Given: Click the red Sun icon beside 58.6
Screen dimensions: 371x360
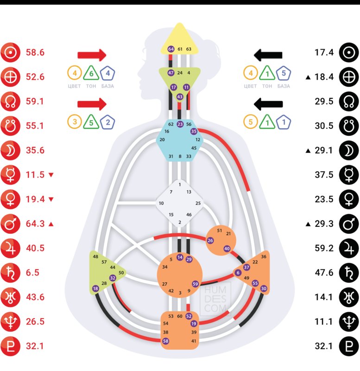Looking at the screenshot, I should (10, 53).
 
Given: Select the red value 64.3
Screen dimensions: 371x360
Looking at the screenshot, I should (35, 224).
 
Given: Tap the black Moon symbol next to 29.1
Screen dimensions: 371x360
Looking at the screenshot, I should (349, 151).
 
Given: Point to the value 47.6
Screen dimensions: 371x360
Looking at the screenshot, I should (324, 273).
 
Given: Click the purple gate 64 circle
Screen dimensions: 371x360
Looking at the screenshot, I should (171, 49).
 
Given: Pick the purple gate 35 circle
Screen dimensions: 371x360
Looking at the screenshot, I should (194, 132).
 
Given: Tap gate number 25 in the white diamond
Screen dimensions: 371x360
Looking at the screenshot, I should (198, 203).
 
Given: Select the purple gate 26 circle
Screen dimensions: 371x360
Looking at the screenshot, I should (210, 241).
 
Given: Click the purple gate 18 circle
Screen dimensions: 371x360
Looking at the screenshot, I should (95, 288).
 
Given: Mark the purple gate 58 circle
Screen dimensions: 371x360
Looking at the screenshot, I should (166, 341).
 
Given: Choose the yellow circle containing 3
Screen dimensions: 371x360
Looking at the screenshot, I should (74, 122).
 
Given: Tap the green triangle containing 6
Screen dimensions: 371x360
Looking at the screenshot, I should (91, 73).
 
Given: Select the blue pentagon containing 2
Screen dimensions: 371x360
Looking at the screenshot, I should (107, 122).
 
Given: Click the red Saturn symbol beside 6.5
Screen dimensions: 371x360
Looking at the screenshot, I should (10, 273).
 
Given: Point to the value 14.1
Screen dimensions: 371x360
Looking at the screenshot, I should (324, 297).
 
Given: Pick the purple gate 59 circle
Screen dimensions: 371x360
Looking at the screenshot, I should (195, 284).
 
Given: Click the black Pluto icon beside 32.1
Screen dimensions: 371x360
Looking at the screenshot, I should (349, 346).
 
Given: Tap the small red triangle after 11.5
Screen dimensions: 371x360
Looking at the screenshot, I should (51, 175).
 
